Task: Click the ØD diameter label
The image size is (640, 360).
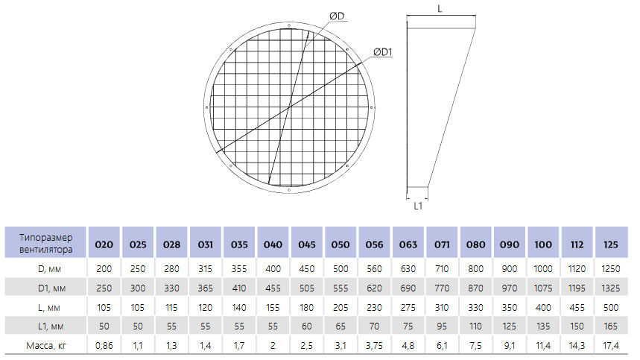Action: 338,16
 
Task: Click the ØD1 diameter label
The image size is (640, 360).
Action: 382,52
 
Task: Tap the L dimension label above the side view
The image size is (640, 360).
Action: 440,9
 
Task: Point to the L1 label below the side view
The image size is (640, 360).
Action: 418,206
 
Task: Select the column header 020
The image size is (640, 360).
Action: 104,244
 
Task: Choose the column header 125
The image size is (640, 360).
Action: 611,244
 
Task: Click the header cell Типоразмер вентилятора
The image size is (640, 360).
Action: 45,243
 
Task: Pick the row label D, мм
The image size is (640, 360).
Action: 49,269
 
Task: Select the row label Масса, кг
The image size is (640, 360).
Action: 46,346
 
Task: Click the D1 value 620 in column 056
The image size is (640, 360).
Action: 374,288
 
